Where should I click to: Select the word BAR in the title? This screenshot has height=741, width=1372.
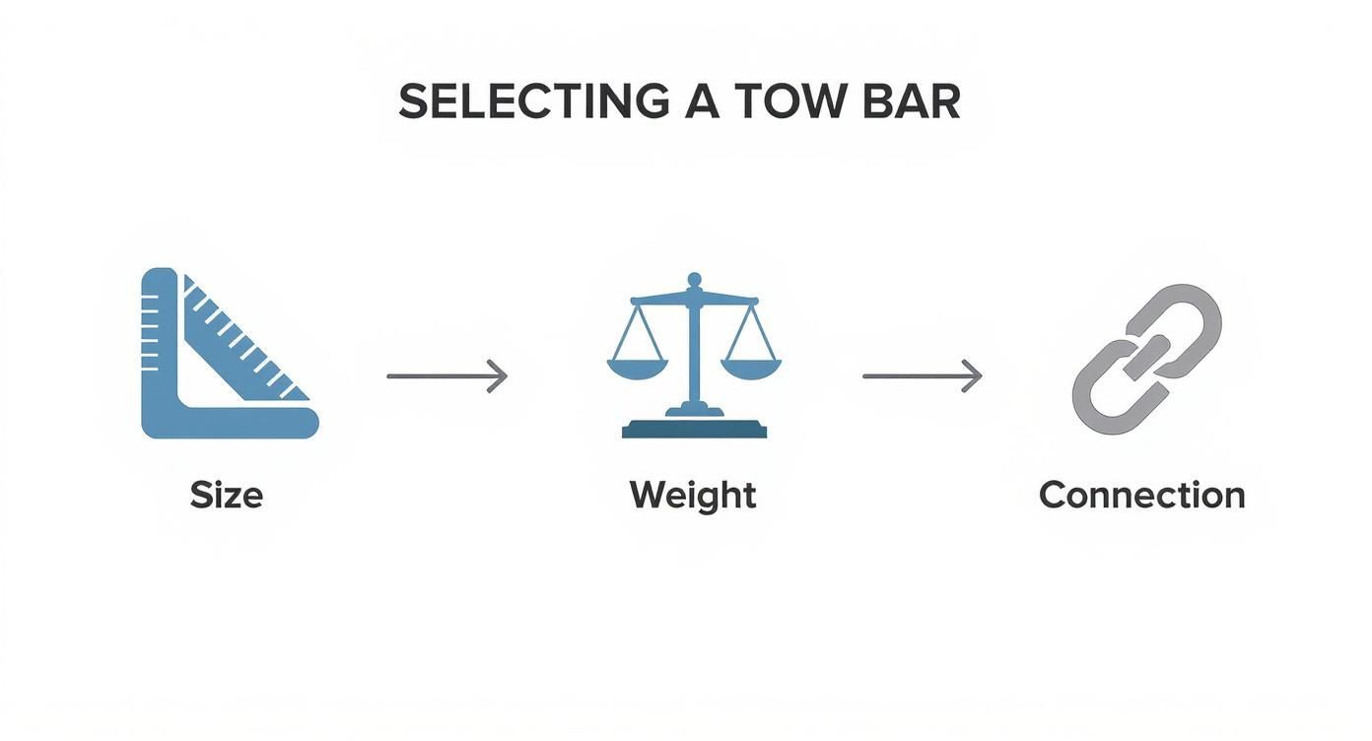(x=910, y=102)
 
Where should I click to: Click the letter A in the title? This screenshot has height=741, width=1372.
(x=702, y=102)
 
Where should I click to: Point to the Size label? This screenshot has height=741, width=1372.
(x=226, y=494)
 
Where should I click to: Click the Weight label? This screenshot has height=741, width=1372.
(x=693, y=494)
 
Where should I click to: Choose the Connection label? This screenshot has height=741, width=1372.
(x=1141, y=494)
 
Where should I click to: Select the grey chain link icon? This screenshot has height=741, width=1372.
(x=1145, y=359)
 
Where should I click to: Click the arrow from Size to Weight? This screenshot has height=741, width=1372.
(x=446, y=375)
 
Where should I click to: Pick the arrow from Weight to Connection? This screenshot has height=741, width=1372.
(x=922, y=375)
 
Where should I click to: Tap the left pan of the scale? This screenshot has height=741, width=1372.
(x=637, y=369)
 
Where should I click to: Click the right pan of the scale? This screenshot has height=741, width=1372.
(x=751, y=369)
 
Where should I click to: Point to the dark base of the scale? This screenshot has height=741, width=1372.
(x=694, y=429)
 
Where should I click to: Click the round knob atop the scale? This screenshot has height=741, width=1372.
(x=694, y=280)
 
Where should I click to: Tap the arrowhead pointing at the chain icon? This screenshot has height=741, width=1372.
(x=974, y=375)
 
